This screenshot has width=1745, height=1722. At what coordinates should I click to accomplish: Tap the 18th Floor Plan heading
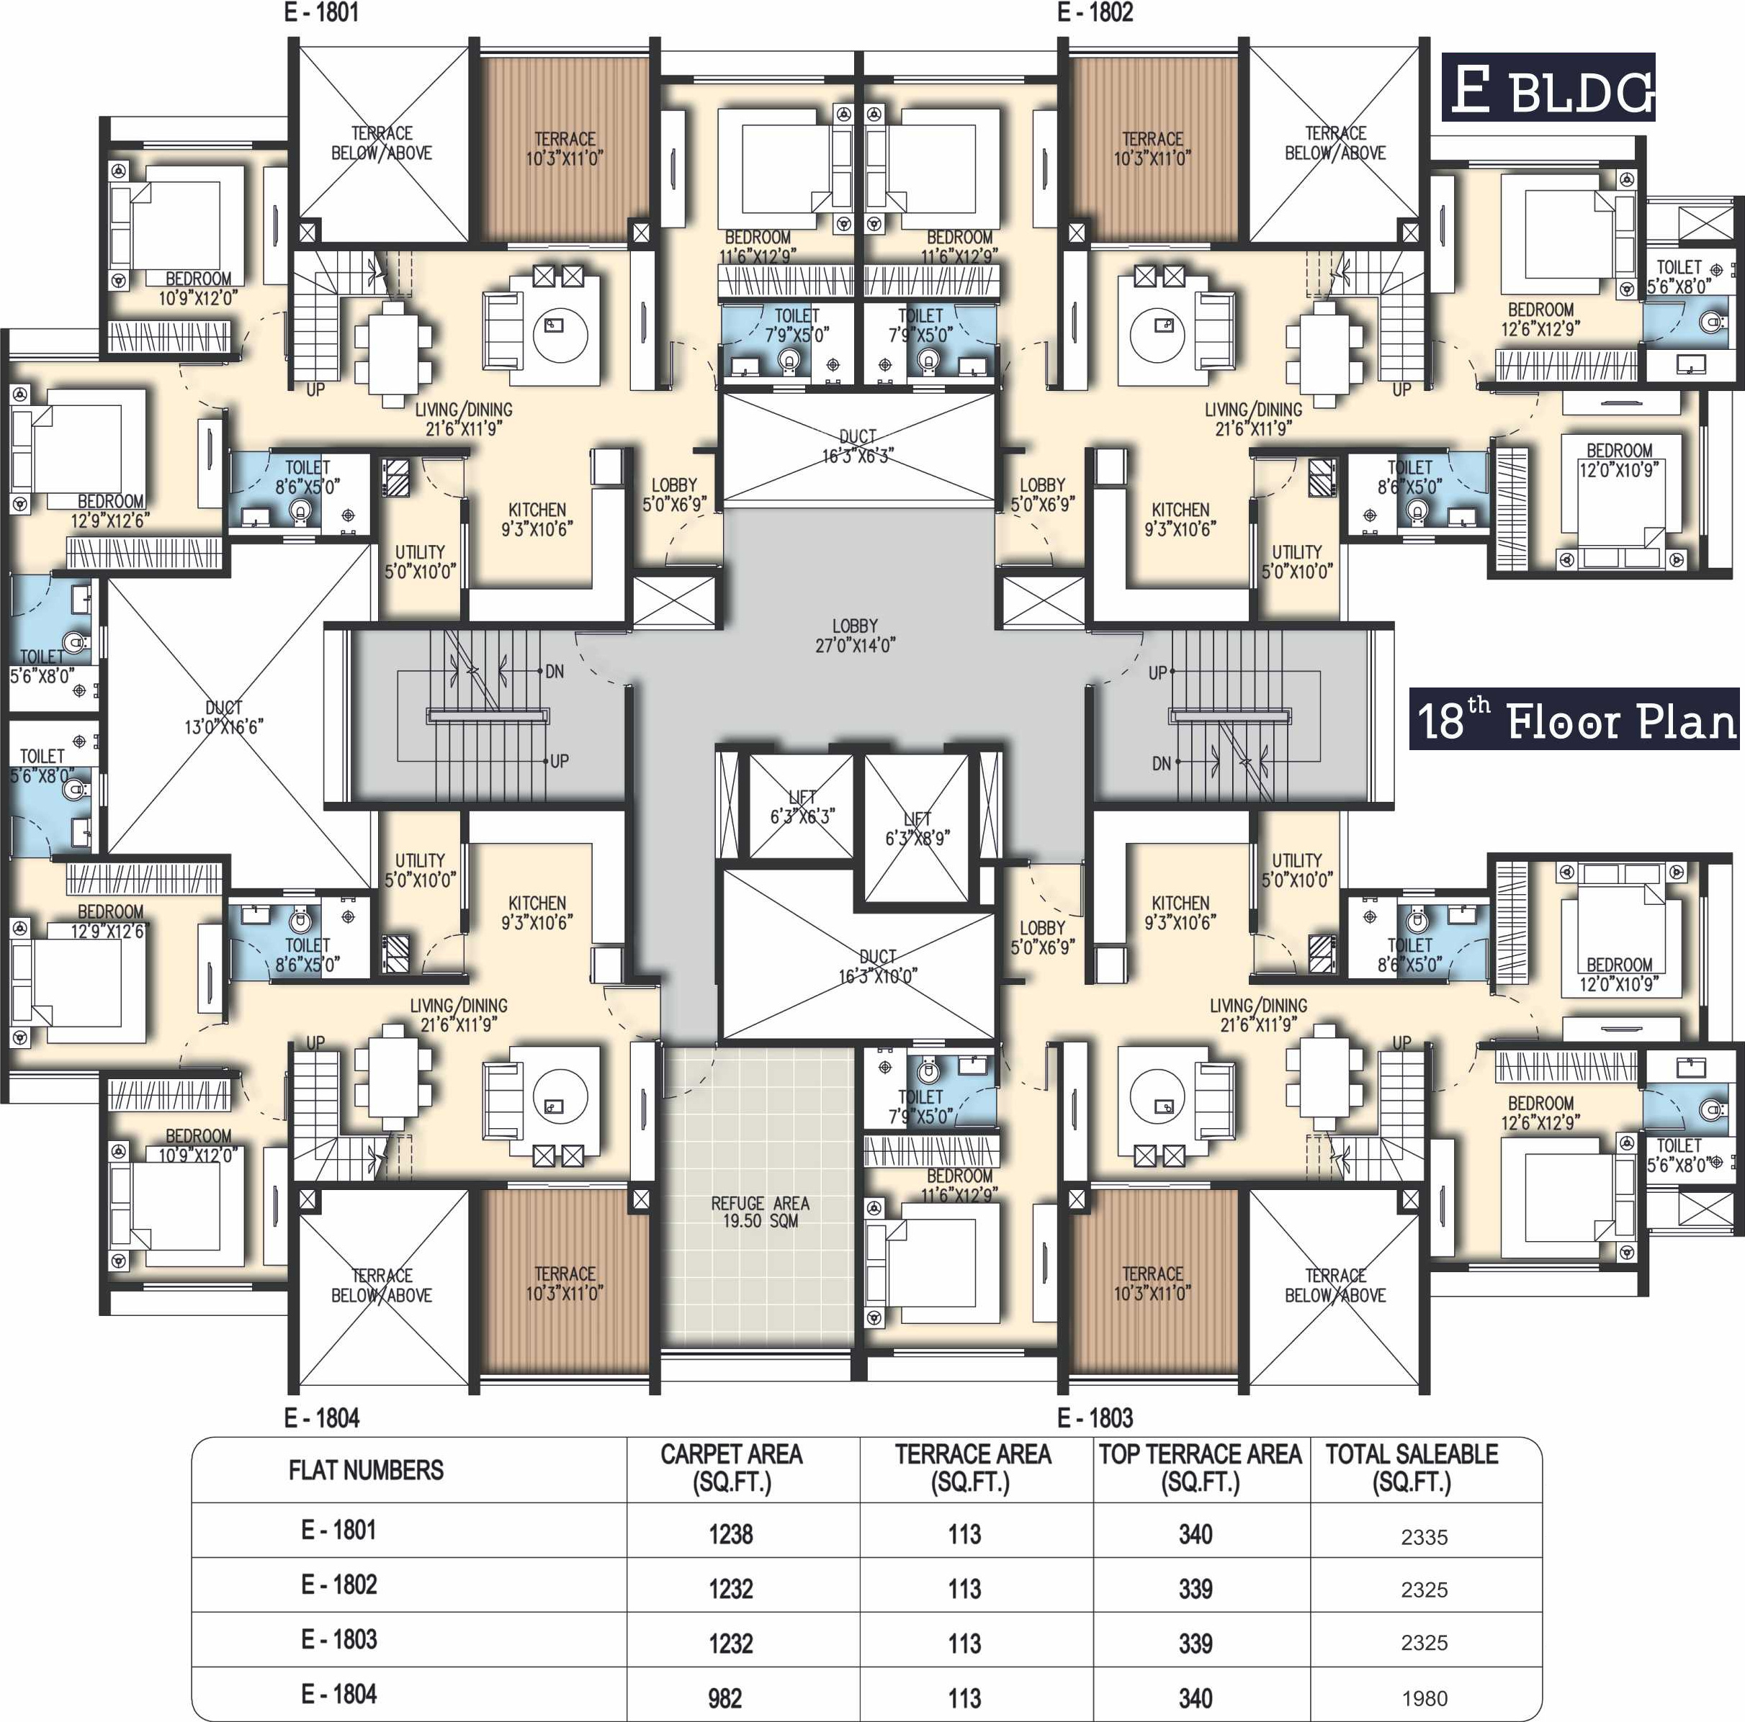point(1574,718)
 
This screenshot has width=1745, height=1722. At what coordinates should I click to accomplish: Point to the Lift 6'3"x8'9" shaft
point(916,828)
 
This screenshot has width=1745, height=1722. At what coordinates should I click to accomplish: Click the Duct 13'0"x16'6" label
point(223,717)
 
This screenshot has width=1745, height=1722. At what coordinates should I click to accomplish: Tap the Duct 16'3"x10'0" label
point(877,966)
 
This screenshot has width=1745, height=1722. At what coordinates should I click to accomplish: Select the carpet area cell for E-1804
point(725,1698)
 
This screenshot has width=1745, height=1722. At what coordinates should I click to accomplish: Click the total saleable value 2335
point(1424,1537)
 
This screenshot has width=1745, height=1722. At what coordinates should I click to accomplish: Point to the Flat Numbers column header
point(366,1470)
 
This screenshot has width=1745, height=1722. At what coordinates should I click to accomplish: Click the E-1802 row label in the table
point(338,1584)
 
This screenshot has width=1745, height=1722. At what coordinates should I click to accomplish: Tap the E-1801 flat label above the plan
point(321,13)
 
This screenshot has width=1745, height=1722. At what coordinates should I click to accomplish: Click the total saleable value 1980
point(1424,1698)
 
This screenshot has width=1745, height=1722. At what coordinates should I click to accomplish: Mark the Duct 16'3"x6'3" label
point(857,446)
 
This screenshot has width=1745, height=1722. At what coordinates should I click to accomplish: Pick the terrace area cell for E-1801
point(964,1534)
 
